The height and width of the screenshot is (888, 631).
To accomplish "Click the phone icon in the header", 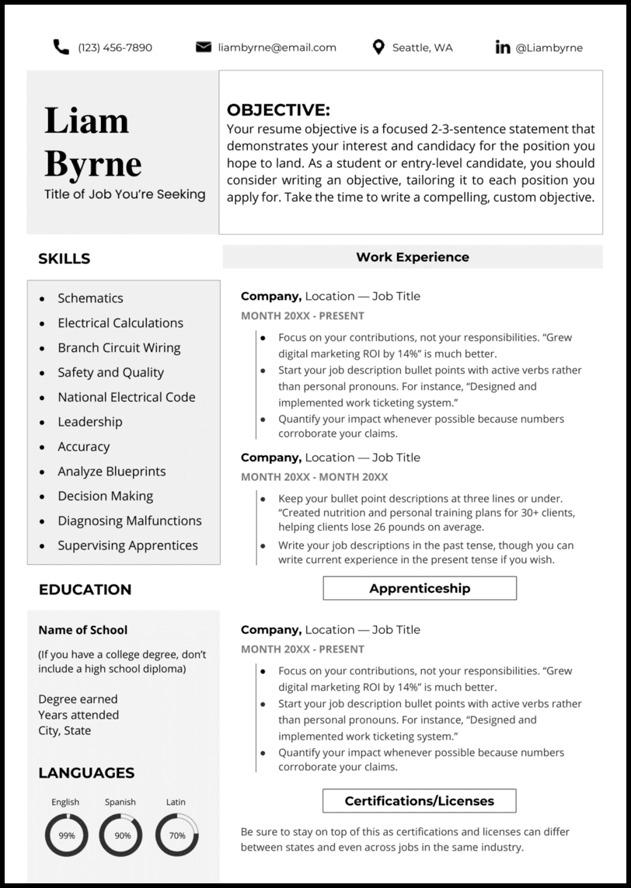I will (x=61, y=47).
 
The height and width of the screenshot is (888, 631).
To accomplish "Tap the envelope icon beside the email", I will (x=204, y=47).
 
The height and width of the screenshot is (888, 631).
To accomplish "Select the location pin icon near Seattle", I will (x=378, y=47).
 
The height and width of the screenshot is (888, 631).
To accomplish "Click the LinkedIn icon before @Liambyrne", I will (x=503, y=47).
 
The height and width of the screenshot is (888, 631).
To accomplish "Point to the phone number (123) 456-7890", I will (x=115, y=47).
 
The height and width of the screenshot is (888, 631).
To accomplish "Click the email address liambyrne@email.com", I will (x=277, y=47).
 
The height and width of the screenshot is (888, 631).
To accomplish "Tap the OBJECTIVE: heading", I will (x=278, y=110).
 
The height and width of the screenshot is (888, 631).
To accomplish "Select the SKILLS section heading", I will (x=64, y=259).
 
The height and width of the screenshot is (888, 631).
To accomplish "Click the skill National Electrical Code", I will (x=126, y=397).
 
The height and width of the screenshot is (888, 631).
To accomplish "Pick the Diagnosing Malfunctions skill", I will (x=129, y=521).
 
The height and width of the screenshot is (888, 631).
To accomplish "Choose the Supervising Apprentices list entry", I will (x=127, y=545).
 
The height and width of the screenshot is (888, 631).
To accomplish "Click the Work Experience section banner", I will (x=413, y=256).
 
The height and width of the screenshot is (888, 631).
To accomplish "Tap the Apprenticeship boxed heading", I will (x=420, y=588).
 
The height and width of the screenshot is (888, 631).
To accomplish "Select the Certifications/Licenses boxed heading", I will (x=420, y=800).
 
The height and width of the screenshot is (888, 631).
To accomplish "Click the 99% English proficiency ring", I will (x=67, y=835).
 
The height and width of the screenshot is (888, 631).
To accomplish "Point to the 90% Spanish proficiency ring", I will (x=122, y=835).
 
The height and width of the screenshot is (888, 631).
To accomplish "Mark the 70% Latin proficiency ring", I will (x=177, y=835).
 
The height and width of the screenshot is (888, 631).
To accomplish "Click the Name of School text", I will (x=83, y=630).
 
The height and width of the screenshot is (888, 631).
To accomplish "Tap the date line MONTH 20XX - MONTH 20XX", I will (x=314, y=477).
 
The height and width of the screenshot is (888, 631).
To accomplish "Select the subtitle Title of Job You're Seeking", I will (x=125, y=194).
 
